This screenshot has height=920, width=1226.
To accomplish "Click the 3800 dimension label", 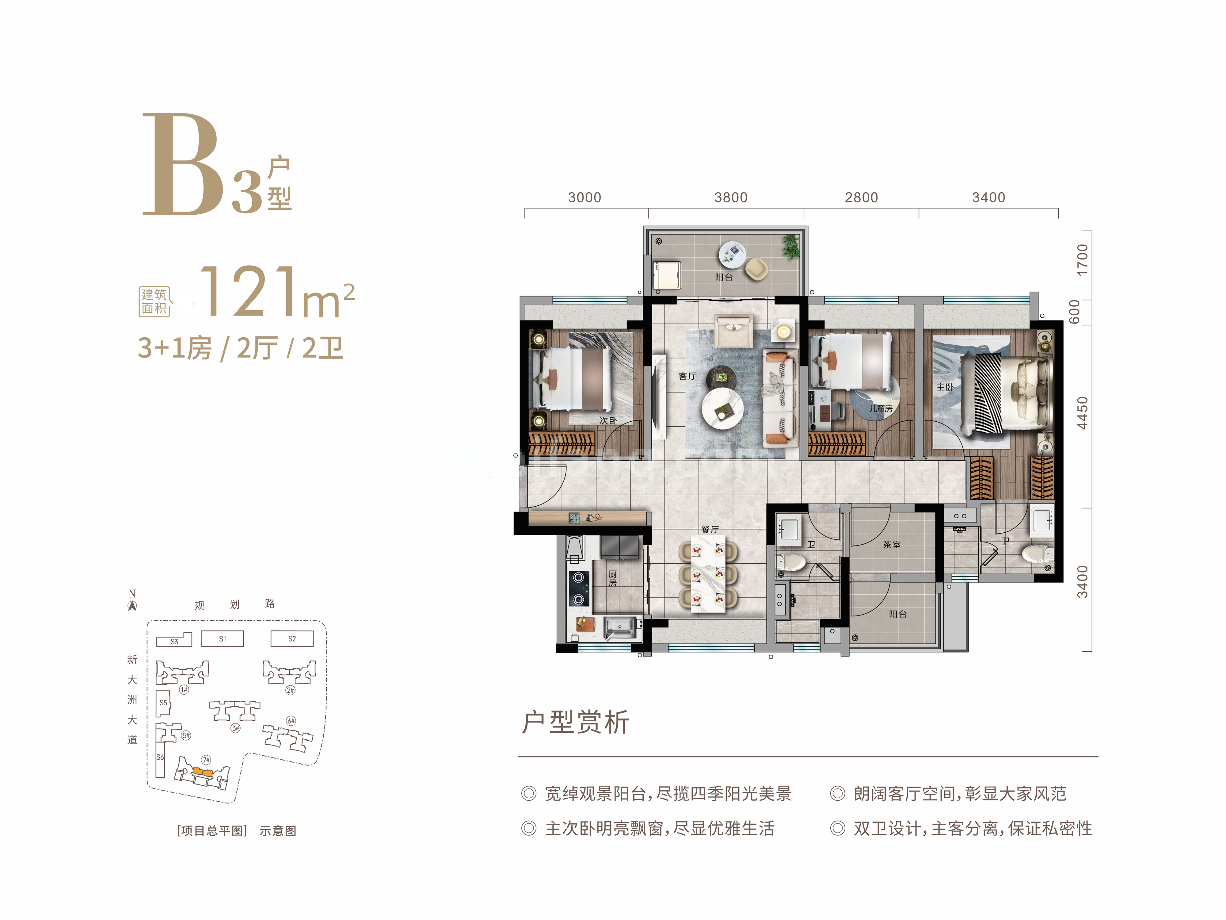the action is [730, 197].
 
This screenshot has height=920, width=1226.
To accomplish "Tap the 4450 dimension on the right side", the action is [1082, 413].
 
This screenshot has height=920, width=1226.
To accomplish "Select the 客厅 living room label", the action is [687, 376].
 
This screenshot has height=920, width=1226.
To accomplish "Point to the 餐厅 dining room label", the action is [710, 530].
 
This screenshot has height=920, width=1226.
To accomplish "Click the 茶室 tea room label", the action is [892, 545].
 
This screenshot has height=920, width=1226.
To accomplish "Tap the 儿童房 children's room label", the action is [881, 409].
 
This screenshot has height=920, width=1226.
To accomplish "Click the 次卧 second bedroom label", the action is [608, 420].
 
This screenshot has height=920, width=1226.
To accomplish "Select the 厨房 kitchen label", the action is [612, 578].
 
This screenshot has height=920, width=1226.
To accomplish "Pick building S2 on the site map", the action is [292, 639].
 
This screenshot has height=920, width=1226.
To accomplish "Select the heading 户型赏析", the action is [575, 722].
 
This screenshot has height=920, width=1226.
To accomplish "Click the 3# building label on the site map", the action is [236, 728].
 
